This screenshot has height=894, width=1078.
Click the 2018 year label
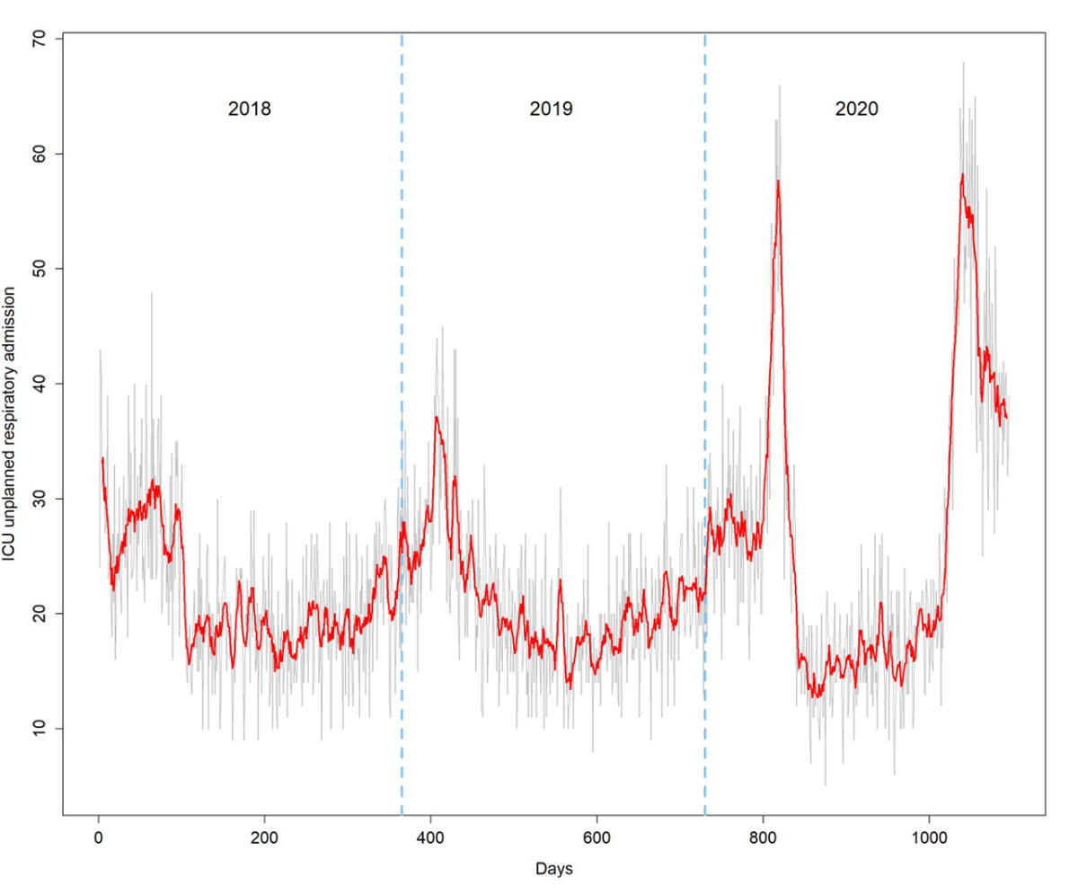(249, 110)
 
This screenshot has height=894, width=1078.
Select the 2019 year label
(552, 110)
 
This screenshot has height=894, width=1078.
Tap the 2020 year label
(856, 110)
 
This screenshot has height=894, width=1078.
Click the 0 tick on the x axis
(98, 838)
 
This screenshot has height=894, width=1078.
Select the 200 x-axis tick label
(264, 838)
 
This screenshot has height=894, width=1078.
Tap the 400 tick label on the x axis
(430, 838)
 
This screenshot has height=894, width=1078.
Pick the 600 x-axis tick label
(596, 838)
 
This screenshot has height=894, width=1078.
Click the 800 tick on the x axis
(763, 838)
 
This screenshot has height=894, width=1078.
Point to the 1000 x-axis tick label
(929, 838)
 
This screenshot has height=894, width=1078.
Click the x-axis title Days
(554, 869)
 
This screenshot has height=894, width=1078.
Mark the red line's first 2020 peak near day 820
(778, 181)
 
